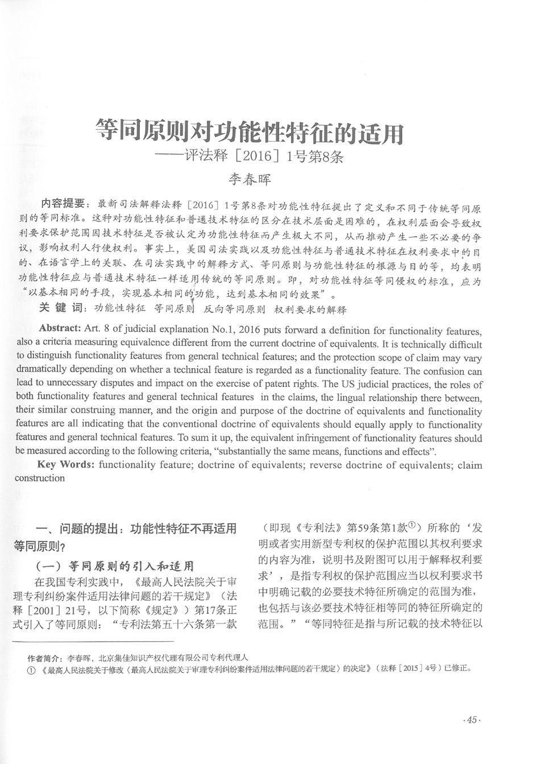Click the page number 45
tap(472, 721)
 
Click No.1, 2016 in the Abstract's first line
tap(217, 331)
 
